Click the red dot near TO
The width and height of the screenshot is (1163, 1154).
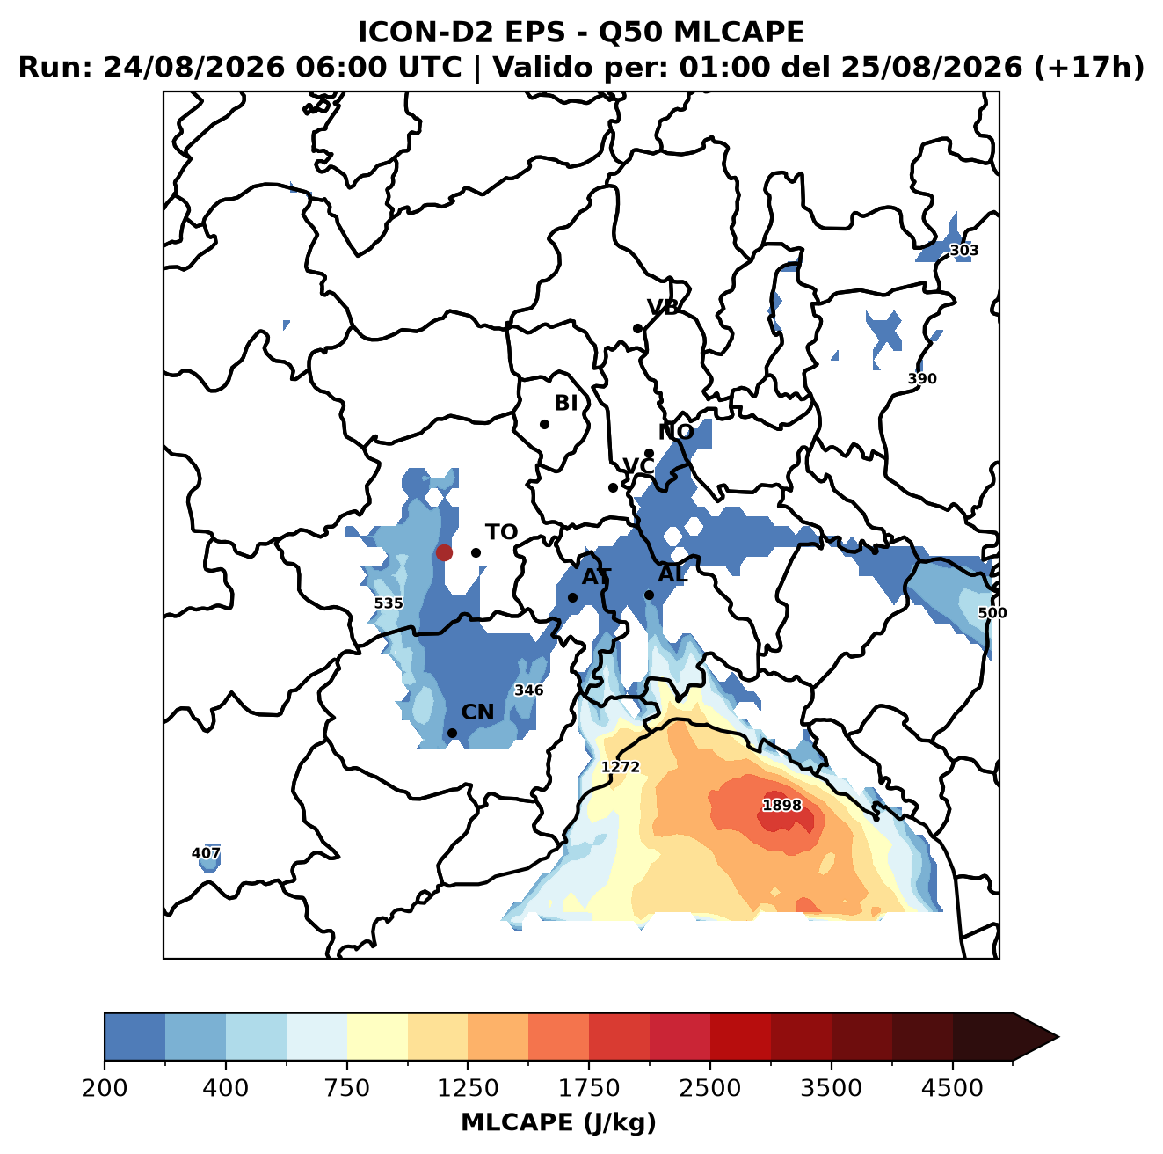pos(444,552)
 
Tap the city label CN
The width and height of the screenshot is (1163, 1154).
pos(477,712)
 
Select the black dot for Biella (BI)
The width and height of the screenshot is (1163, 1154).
pos(544,425)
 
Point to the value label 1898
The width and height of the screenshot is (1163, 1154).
pos(781,805)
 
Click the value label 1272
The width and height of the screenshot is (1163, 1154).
pos(621,767)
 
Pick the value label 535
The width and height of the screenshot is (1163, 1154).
pos(389,603)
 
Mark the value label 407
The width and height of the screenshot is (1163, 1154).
pos(206,852)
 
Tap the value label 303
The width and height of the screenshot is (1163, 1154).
pos(963,250)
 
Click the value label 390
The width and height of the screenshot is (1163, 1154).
pos(922,378)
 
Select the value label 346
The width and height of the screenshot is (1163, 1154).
pos(528,690)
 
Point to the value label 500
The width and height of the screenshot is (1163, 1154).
pos(992,613)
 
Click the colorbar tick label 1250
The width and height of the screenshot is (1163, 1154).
pos(468,1088)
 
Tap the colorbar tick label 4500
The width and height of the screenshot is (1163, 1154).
pos(952,1088)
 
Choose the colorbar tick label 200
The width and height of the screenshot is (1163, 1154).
pos(105,1088)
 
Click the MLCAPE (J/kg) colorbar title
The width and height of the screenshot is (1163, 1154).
pos(558,1122)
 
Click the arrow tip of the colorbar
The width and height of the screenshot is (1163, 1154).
pos(1058,1037)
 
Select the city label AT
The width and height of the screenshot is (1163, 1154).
pos(596,577)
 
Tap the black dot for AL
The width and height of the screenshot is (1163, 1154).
pos(649,595)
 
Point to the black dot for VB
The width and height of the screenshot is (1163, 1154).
pos(637,328)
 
